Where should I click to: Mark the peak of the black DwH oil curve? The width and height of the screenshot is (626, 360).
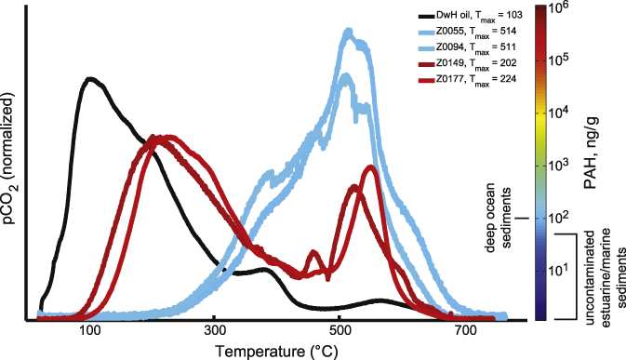click(x=90, y=79)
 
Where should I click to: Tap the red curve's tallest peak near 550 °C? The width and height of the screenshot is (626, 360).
click(x=371, y=167)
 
